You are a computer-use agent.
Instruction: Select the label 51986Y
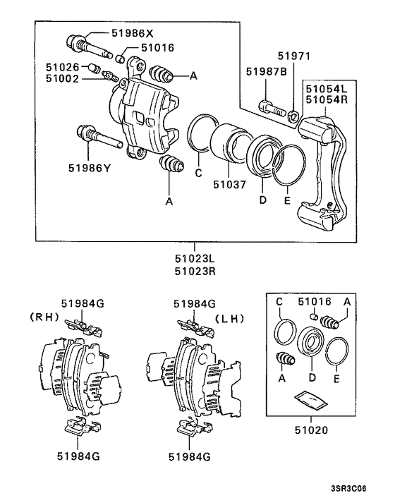coord(90,168)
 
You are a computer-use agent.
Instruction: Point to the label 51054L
coord(326,88)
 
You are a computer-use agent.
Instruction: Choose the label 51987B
coord(266,72)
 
